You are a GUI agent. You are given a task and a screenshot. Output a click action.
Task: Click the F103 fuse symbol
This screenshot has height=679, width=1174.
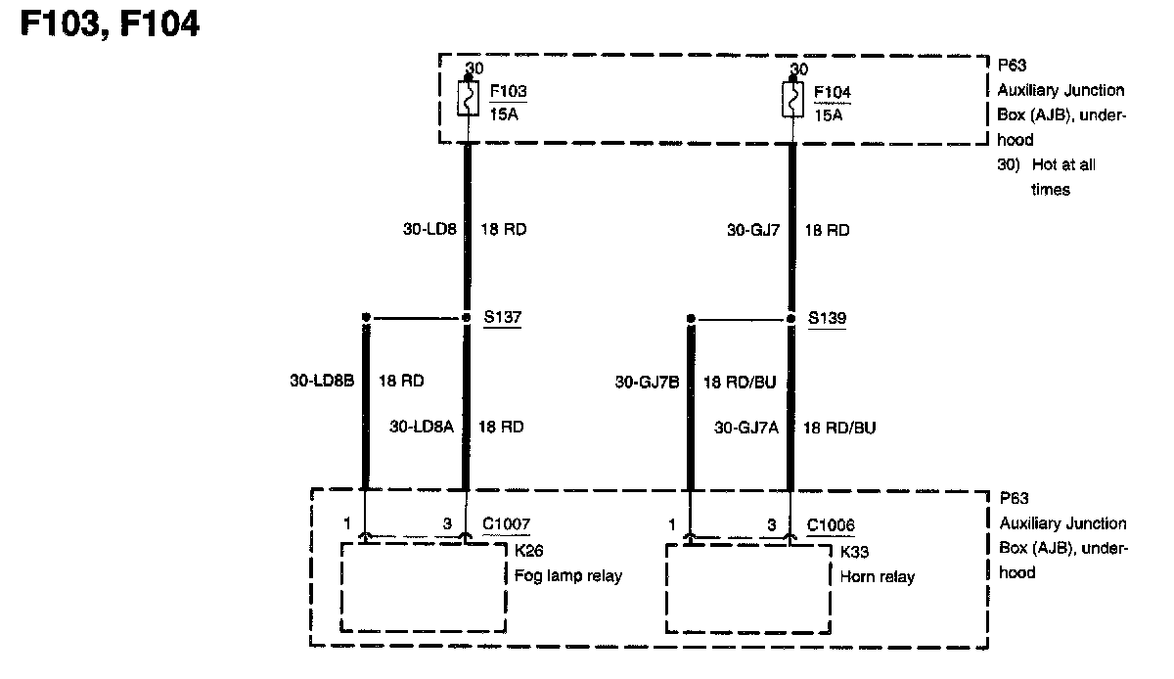pos(468,99)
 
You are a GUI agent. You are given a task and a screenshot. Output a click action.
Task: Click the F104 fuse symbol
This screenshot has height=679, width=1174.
pos(792,99)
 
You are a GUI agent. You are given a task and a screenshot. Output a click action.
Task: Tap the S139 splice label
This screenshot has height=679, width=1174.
pos(827,318)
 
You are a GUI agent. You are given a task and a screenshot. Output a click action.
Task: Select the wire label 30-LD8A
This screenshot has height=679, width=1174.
pos(421,427)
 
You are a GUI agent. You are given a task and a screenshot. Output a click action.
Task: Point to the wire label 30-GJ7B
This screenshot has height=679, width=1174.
pos(647,382)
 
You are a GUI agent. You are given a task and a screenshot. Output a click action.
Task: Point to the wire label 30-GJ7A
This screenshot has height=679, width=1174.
pos(746,427)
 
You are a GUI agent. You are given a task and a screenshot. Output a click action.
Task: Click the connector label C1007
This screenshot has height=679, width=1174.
pos(507,525)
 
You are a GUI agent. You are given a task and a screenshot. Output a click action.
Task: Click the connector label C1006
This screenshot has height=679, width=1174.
pos(831,525)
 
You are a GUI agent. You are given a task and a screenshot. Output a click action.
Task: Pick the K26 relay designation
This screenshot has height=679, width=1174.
pos(528,551)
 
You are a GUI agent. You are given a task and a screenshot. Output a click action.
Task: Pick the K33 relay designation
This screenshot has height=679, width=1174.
pos(853,552)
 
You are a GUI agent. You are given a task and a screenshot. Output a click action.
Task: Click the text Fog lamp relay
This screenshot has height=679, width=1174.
pos(567,575)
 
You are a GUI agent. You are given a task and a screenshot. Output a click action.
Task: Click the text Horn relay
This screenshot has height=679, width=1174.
pos(878,576)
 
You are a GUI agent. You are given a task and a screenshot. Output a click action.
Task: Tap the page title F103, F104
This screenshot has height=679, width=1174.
pos(110,23)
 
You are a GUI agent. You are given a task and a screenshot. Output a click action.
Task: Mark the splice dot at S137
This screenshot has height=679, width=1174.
pos(467,317)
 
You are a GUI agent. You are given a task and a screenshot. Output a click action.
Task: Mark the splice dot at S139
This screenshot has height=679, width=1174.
pos(791,317)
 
